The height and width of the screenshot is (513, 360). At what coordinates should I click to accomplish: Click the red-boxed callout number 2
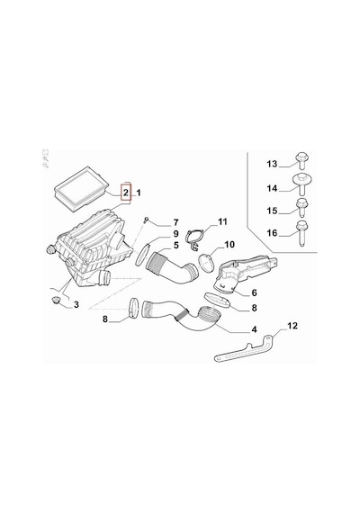(x=126, y=193)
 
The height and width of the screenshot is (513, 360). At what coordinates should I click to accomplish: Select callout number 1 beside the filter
(x=138, y=193)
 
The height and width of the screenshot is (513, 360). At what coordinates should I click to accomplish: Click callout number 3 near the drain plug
(x=76, y=305)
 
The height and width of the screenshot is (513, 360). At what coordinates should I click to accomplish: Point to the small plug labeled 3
(x=56, y=300)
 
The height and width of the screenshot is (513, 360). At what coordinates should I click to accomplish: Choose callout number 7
(x=175, y=223)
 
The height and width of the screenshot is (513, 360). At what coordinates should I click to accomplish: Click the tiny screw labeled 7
(x=146, y=220)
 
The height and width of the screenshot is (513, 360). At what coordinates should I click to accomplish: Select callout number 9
(x=175, y=234)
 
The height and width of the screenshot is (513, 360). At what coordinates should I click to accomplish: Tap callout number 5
(x=176, y=245)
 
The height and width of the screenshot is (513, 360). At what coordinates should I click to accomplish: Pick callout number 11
(x=222, y=221)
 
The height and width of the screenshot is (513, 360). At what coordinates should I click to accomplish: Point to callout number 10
(x=229, y=245)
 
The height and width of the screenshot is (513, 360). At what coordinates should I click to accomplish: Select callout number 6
(x=255, y=292)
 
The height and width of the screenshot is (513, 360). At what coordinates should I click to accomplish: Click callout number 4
(x=255, y=329)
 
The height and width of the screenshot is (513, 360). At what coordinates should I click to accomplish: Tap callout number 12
(x=292, y=326)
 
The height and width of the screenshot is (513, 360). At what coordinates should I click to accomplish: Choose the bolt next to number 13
(x=302, y=160)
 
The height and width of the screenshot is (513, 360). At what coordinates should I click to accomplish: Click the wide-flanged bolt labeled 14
(x=301, y=184)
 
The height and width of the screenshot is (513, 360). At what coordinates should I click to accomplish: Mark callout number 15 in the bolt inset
(x=272, y=211)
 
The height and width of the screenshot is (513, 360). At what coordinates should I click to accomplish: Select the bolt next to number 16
(x=301, y=233)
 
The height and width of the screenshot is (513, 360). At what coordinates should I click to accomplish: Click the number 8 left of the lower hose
(x=105, y=319)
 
